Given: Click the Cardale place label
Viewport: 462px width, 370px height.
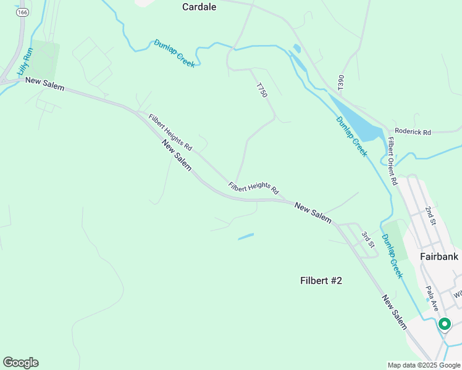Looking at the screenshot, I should pos(199,7).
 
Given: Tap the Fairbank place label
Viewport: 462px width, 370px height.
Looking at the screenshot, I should pos(439,256).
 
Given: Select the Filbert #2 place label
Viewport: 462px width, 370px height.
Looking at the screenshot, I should pos(321,281).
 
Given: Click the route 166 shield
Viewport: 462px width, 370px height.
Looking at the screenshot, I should pos(23,12).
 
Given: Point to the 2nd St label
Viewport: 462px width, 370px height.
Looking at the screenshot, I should pos(430,216).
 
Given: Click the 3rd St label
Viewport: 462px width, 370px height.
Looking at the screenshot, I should pos(367,239).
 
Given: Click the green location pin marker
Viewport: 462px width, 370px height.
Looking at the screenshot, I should pos(444,323).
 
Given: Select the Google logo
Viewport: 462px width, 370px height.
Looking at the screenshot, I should pos(20,363).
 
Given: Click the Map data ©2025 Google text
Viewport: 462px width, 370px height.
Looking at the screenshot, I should pos(424,365).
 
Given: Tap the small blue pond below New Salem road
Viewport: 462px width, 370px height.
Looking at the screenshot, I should pos(246,236).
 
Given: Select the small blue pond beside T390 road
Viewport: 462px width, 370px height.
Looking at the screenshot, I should pos(297,48).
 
